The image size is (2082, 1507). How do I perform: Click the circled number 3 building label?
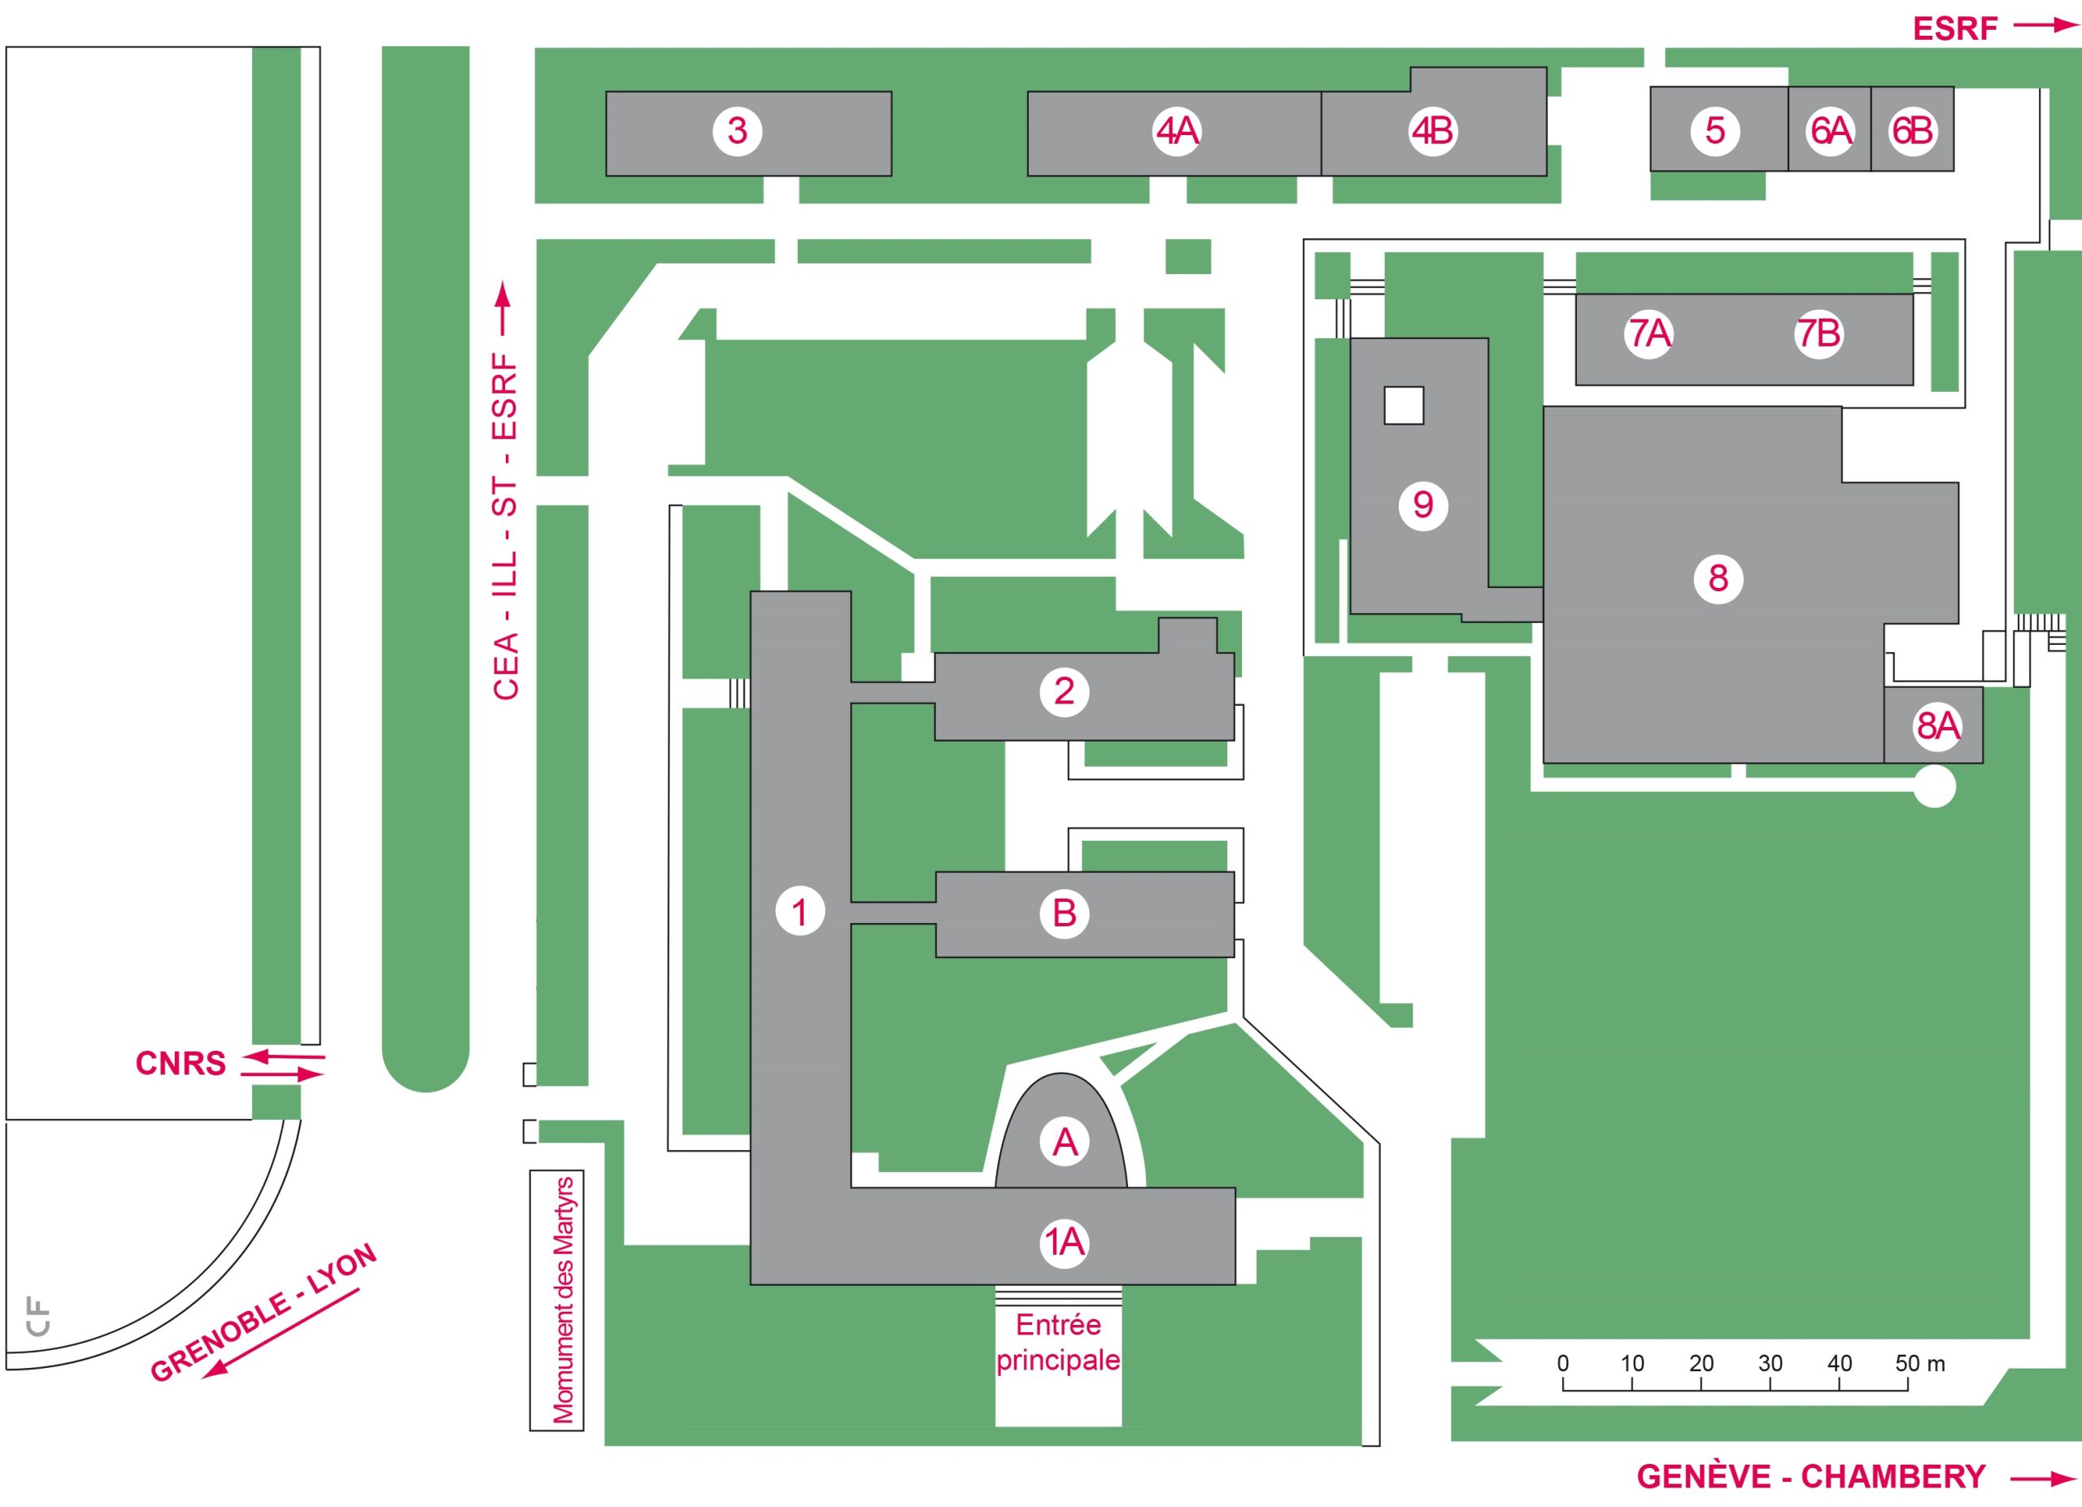tap(737, 131)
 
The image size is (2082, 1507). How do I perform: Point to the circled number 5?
tap(1715, 131)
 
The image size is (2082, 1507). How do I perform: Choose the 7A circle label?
tap(1649, 334)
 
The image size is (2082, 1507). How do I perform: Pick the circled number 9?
tap(1423, 505)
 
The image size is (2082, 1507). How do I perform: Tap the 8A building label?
tap(1937, 727)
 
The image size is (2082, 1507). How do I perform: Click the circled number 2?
tap(1064, 691)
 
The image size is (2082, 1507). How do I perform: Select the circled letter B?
tap(1064, 913)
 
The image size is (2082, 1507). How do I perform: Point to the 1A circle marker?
tap(1064, 1243)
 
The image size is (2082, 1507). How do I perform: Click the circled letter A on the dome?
tap(1064, 1143)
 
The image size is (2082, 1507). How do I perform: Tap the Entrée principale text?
tap(1058, 1343)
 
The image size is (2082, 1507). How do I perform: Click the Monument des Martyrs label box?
tap(557, 1300)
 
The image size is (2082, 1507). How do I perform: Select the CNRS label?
tap(181, 1064)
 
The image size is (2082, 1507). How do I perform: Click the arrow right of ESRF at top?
tap(2045, 27)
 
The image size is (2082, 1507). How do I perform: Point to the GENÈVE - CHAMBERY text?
tap(1811, 1477)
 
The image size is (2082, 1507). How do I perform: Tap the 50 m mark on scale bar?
tap(1919, 1364)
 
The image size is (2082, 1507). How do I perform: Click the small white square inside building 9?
tap(1404, 406)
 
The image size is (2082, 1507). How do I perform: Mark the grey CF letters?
tap(38, 1316)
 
